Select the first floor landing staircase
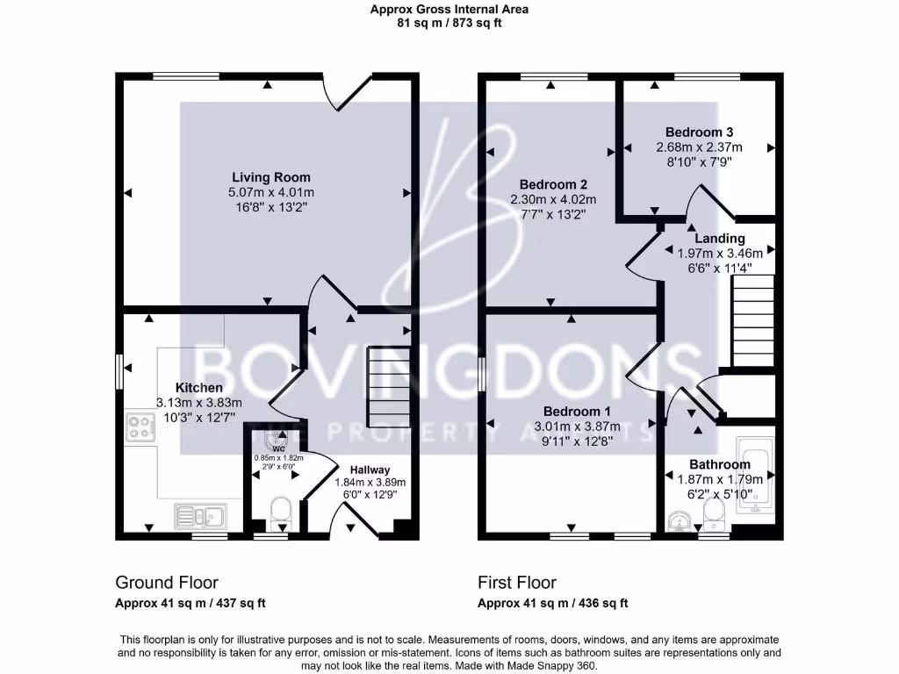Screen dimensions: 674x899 pos(752,320)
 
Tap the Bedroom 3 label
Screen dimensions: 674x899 pos(699,132)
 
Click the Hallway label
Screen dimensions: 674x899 pos(370,470)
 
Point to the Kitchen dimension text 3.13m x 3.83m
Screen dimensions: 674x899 pos(198,402)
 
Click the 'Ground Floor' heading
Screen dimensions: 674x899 pos(167,582)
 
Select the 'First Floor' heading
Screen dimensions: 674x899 pos(517,582)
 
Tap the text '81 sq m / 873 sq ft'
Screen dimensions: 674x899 pos(449,24)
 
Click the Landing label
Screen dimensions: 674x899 pos(720,238)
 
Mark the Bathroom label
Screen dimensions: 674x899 pos(719,464)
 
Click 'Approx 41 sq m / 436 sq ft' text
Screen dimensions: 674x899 pos(552,603)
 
